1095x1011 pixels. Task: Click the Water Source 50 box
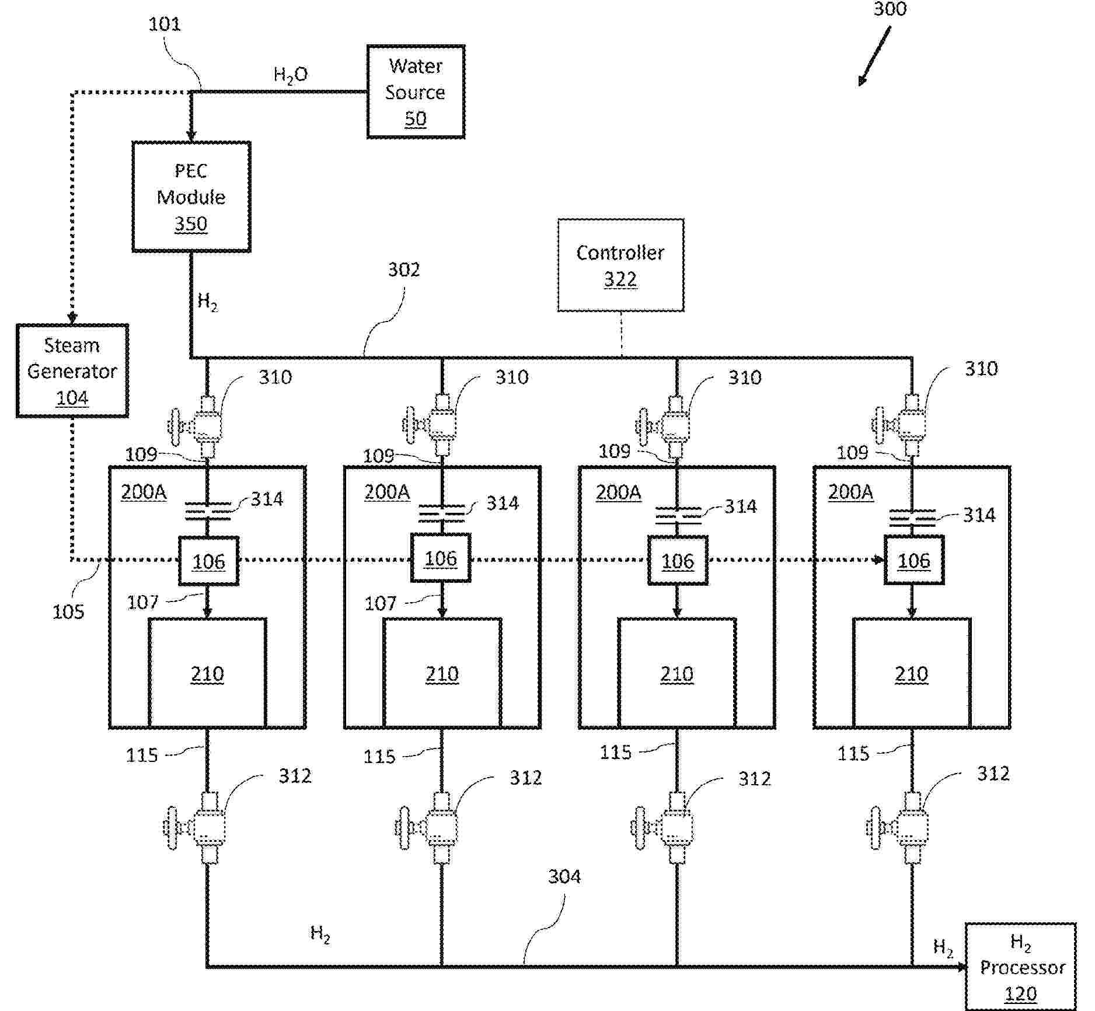tap(416, 92)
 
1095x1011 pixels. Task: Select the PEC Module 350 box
tap(191, 197)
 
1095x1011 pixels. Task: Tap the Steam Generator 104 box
tap(72, 371)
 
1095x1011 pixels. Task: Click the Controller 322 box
tap(620, 265)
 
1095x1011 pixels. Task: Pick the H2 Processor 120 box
tap(1020, 967)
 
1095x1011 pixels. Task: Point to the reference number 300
tap(890, 9)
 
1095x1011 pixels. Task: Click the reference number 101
tap(165, 25)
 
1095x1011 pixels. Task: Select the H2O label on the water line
tap(291, 75)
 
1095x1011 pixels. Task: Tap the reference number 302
tap(404, 270)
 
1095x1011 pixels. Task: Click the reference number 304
tap(564, 876)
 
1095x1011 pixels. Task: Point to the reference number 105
tap(68, 612)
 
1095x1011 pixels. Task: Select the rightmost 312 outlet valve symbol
tap(902, 827)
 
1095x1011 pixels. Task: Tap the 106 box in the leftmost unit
tap(208, 561)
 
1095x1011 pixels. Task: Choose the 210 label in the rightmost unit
tap(911, 674)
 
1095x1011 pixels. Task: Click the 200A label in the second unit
tap(387, 492)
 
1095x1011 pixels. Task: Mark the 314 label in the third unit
tap(741, 506)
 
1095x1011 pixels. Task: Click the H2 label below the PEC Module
tap(207, 302)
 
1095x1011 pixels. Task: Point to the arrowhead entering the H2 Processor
tap(961, 967)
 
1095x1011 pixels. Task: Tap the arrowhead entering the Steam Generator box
tap(72, 319)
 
